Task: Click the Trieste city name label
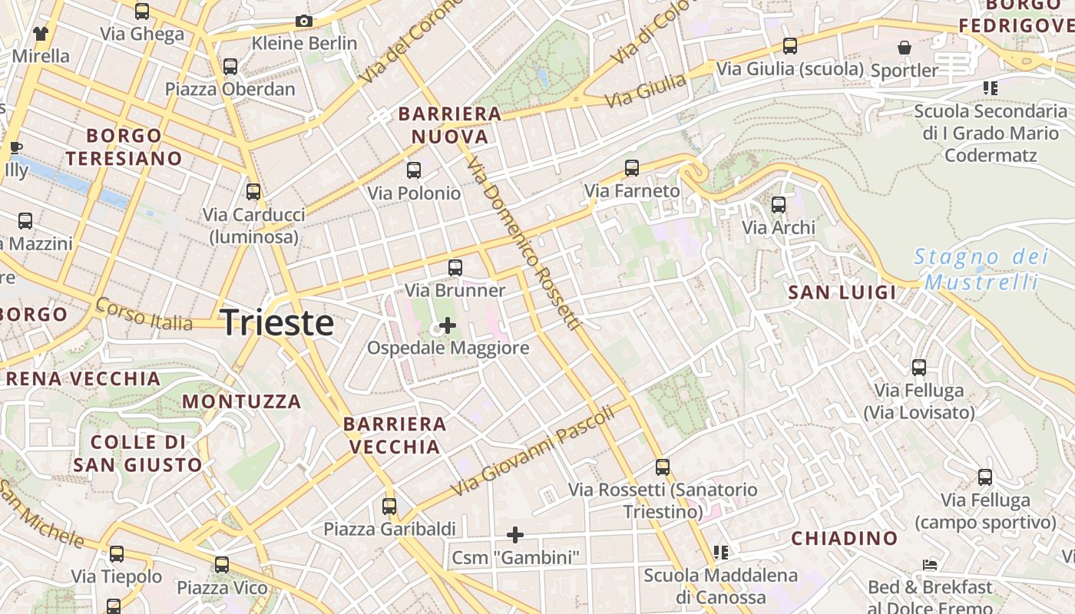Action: [276, 322]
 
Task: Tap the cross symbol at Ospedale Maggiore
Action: [447, 326]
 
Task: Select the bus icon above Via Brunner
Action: [455, 268]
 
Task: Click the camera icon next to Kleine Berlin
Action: [304, 21]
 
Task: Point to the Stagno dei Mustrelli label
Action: [981, 269]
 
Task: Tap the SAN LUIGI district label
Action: [842, 292]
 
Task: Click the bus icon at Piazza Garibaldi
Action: [389, 507]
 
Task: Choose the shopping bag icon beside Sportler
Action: [905, 48]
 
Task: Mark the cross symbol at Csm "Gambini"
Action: [515, 534]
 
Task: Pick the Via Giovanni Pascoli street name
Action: [533, 450]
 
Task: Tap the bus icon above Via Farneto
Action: [632, 167]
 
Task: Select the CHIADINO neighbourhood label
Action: [845, 539]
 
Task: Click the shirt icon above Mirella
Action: [40, 34]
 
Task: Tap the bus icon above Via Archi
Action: [779, 205]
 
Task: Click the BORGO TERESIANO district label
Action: [124, 147]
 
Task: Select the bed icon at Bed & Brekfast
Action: [930, 566]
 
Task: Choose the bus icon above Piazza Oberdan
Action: [230, 66]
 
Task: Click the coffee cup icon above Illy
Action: [15, 147]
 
